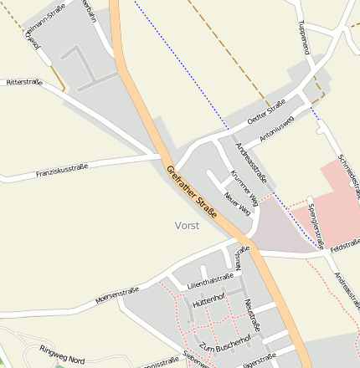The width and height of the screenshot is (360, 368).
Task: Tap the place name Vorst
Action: pyautogui.click(x=188, y=226)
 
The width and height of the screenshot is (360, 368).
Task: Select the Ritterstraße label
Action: pyautogui.click(x=24, y=83)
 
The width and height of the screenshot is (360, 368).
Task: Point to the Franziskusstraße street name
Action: pyautogui.click(x=62, y=171)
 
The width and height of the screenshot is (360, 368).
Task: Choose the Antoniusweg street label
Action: pyautogui.click(x=276, y=126)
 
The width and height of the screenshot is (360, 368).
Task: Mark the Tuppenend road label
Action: pyautogui.click(x=304, y=38)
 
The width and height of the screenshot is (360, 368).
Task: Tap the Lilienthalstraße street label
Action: pyautogui.click(x=210, y=278)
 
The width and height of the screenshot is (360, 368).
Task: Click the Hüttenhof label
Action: pyautogui.click(x=209, y=299)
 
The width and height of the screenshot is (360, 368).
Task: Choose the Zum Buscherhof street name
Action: pyautogui.click(x=225, y=344)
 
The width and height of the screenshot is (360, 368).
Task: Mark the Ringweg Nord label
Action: pyautogui.click(x=61, y=355)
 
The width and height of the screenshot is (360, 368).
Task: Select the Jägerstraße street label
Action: pyautogui.click(x=259, y=360)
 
